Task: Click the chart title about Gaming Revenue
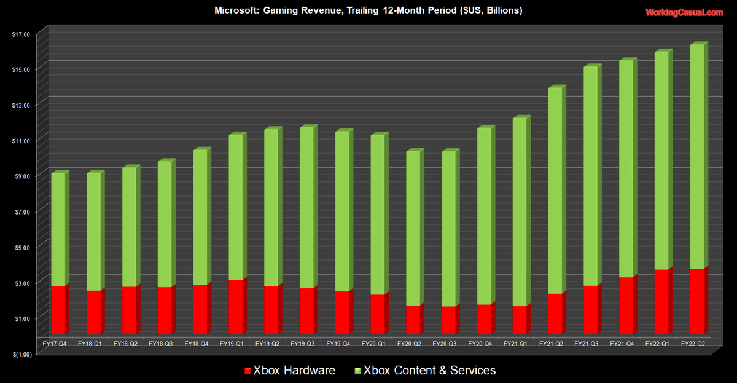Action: (x=368, y=10)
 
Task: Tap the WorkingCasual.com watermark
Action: (x=684, y=12)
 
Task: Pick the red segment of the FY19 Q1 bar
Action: (x=236, y=307)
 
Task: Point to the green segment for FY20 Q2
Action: (x=413, y=228)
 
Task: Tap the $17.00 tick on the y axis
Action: (x=20, y=34)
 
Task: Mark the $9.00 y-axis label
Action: (x=20, y=176)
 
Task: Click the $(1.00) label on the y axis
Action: (x=20, y=353)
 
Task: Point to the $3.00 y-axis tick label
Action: (x=20, y=283)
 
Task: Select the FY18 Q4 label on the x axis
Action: (x=195, y=344)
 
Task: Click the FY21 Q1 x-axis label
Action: (x=515, y=344)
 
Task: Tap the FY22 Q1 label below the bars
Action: (x=657, y=344)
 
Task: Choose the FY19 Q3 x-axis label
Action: (x=302, y=344)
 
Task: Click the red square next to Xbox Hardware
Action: (x=248, y=371)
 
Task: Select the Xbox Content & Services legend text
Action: (x=429, y=370)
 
